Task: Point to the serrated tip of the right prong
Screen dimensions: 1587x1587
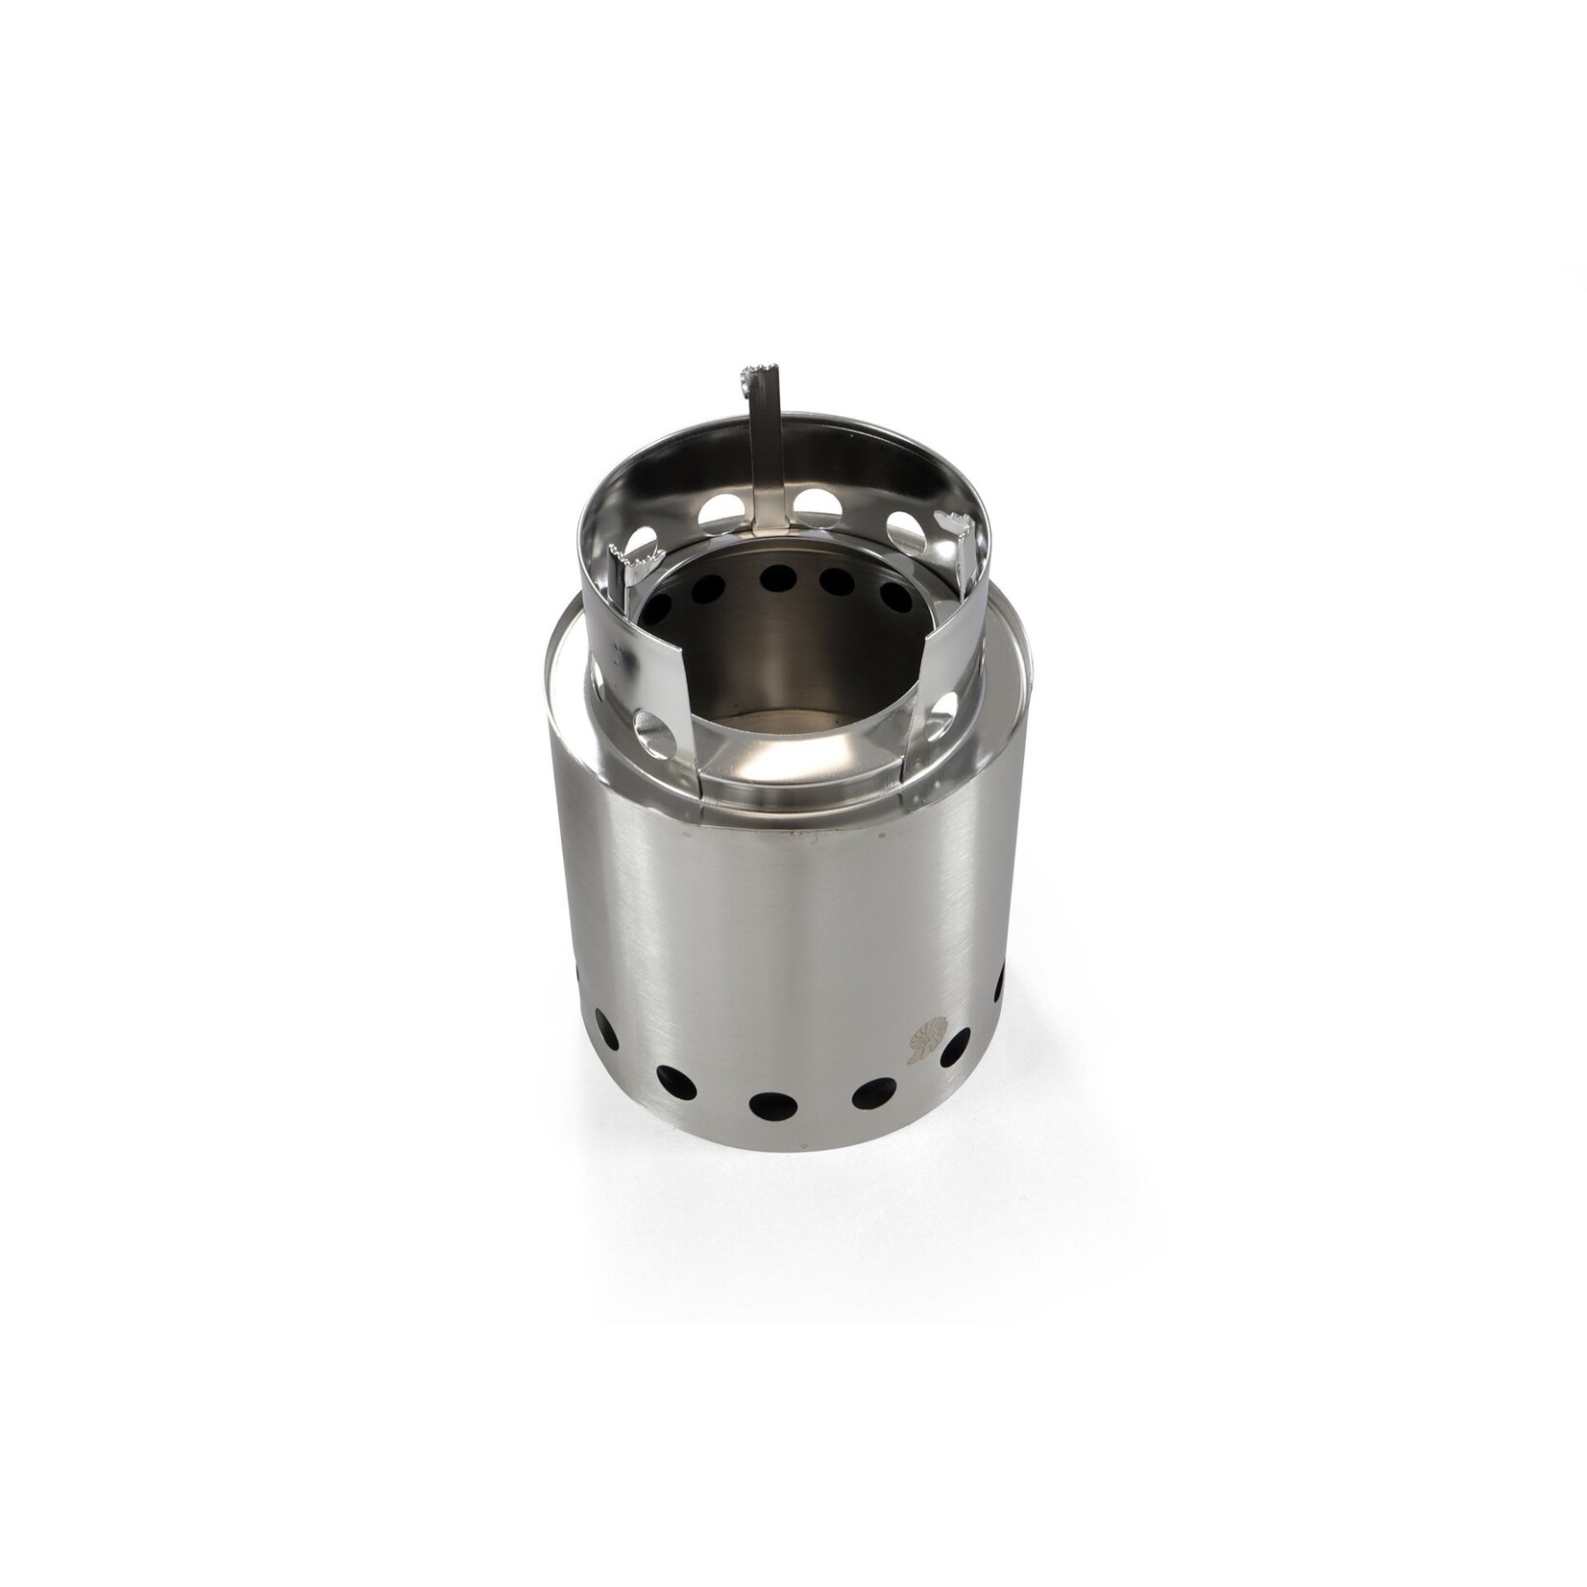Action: click(x=955, y=525)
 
